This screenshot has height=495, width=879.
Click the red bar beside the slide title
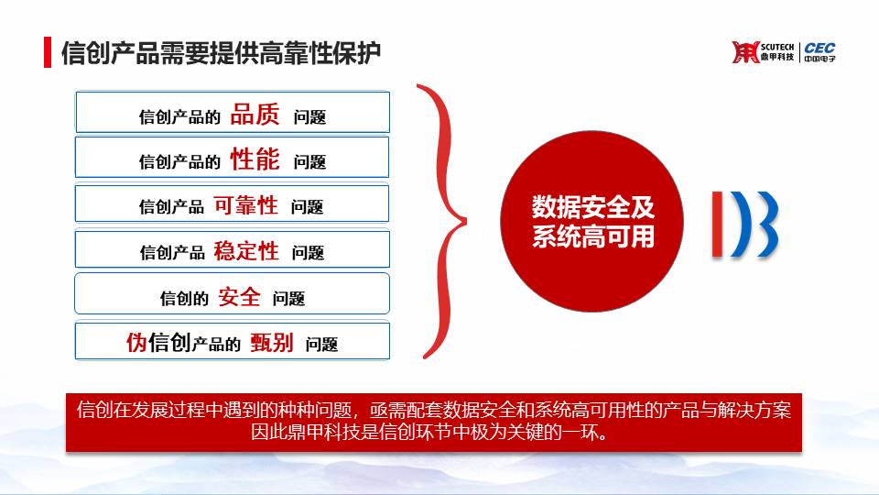[48, 52]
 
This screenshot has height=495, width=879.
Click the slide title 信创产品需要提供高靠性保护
[221, 53]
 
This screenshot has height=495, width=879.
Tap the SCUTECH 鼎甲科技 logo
[763, 52]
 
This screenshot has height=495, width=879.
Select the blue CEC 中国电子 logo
[819, 52]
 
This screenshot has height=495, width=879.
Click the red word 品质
[255, 115]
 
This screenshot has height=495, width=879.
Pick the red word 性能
[255, 159]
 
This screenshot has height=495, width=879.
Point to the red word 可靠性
[245, 205]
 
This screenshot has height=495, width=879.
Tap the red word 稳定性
[246, 251]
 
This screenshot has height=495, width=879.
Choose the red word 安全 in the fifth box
[239, 297]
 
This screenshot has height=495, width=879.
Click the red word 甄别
[271, 342]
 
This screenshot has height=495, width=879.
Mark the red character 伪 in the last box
[136, 342]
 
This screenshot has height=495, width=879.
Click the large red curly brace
[441, 221]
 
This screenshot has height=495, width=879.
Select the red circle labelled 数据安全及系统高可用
[592, 221]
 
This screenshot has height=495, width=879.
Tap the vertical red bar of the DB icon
[717, 225]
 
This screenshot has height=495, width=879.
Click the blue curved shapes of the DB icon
[754, 225]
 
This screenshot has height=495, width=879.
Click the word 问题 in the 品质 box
[309, 117]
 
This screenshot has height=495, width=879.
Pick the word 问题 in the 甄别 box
[321, 344]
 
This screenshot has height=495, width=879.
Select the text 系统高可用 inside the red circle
[593, 236]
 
